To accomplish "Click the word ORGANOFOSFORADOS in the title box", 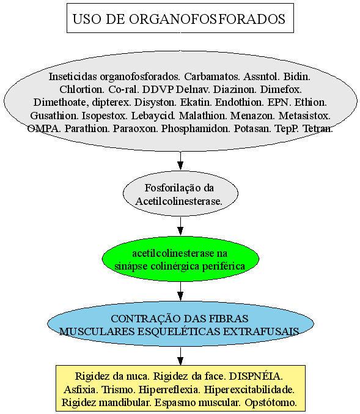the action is click(207, 19).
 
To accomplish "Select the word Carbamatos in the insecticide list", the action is click(212, 76).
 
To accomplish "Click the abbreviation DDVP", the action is click(158, 89).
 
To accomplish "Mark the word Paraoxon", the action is click(135, 128).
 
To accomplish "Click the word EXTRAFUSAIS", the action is click(261, 331).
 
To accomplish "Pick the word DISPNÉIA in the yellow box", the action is click(255, 376).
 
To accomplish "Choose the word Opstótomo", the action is click(271, 402).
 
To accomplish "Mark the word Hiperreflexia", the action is click(169, 390).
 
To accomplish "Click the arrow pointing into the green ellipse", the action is click(180, 226).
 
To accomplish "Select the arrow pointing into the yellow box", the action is click(180, 356).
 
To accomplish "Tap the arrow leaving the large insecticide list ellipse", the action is click(180, 161).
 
